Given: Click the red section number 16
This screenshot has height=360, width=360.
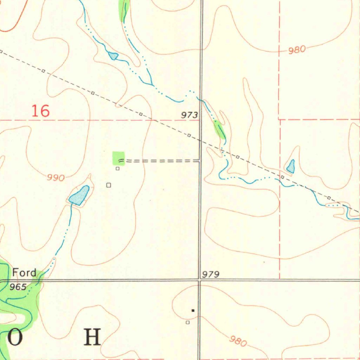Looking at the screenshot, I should point(40,111).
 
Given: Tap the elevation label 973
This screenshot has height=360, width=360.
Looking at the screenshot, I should point(189,115).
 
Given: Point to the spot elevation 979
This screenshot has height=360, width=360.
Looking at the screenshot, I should point(211,275).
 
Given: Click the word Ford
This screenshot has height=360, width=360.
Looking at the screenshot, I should point(24,272).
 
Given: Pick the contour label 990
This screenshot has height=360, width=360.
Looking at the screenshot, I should point(56,178).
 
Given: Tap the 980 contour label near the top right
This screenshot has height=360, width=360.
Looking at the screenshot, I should point(297,50).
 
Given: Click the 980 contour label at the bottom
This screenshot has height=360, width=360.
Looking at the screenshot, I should point(238,341).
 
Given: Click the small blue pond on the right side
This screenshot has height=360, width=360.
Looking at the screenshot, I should point(291,166).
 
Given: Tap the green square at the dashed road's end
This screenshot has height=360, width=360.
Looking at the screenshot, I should point(118,158).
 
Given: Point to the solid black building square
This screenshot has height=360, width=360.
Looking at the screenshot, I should point(193,310).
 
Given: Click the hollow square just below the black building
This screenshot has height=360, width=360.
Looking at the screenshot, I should point(188,322).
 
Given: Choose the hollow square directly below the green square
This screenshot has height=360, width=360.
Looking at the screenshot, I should point(118,169).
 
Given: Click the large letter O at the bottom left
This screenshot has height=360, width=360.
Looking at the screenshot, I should point(15,337).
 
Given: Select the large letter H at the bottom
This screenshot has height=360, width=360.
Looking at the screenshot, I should point(92,337).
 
